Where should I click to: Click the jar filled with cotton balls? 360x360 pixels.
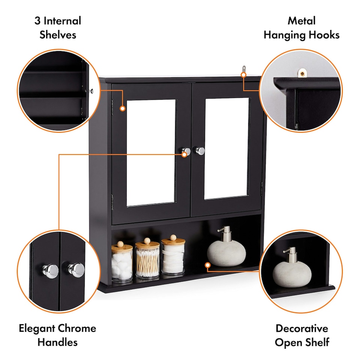pos(122,262)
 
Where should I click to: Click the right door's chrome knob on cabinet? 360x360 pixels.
pos(200,151)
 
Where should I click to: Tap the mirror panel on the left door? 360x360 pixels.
pos(151,153)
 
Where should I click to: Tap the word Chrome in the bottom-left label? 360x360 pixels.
pos(77,328)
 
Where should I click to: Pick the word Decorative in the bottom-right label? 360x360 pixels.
pos(301,328)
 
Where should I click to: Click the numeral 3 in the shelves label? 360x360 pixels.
pos(37,21)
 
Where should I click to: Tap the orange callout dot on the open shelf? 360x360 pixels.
pos(207,265)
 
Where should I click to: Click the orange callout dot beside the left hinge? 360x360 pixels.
pos(122,108)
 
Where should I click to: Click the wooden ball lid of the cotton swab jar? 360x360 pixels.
pos(147,240)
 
